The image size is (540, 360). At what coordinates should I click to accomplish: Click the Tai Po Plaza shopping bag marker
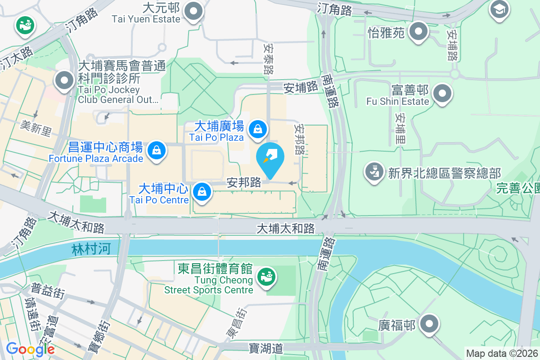click(x=258, y=129)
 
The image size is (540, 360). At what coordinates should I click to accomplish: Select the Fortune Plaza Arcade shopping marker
click(x=157, y=149)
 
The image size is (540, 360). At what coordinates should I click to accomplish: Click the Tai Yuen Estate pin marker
click(x=194, y=12)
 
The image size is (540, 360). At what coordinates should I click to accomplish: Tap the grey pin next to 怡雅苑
click(x=419, y=31)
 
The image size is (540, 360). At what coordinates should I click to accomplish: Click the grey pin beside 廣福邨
click(x=429, y=324)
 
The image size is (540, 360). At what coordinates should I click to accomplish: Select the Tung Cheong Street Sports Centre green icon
click(x=266, y=276)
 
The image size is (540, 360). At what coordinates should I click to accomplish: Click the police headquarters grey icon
click(x=373, y=172)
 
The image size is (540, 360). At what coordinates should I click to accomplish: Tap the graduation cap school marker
click(x=499, y=9)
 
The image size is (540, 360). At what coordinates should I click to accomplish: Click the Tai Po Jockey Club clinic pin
click(x=64, y=81)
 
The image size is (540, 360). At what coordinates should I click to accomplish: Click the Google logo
click(x=30, y=349)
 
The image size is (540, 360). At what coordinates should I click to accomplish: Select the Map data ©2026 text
click(x=501, y=353)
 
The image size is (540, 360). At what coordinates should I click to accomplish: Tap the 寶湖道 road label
click(x=265, y=348)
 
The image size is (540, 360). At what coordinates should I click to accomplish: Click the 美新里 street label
click(x=36, y=128)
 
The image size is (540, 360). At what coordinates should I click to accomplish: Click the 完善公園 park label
click(x=517, y=189)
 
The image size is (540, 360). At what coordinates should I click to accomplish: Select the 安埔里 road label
click(x=400, y=128)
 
